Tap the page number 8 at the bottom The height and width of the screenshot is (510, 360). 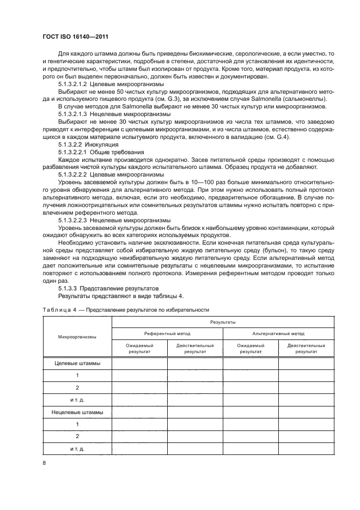click(44, 463)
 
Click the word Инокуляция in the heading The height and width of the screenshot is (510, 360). click(105, 145)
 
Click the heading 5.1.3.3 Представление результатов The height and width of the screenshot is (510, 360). click(108, 288)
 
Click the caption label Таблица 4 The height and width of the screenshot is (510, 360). click(58, 309)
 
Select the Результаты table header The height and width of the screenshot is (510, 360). click(223, 323)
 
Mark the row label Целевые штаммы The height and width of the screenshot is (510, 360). click(77, 363)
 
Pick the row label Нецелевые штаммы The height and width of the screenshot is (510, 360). click(77, 412)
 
